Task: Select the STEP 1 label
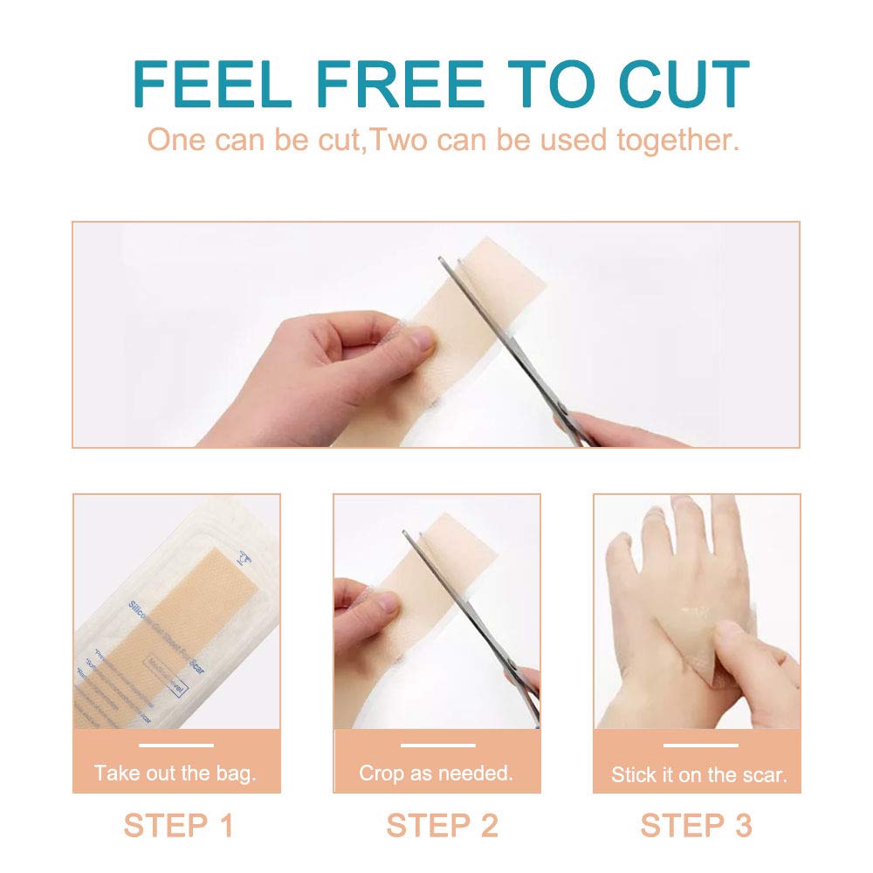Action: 178,825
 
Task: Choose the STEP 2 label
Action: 442,825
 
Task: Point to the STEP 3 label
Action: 696,825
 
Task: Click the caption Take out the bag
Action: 175,773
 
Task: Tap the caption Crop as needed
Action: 436,773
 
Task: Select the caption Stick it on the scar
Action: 698,774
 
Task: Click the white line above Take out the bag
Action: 175,746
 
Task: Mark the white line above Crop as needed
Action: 437,746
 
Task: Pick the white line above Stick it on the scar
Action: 699,746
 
